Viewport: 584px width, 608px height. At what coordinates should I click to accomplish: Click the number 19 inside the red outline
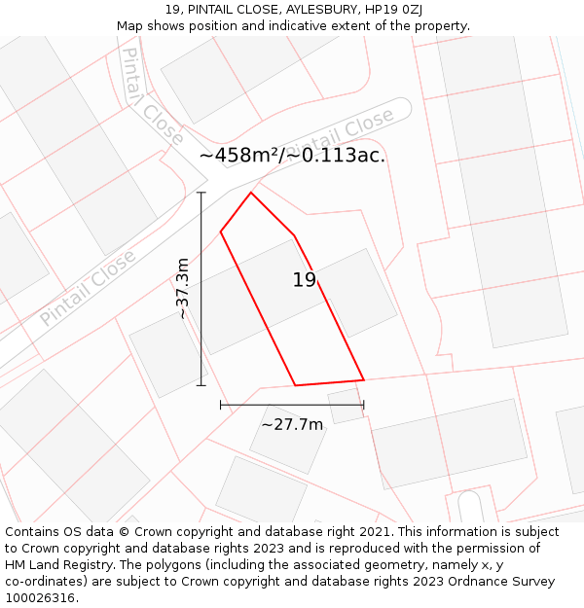(305, 280)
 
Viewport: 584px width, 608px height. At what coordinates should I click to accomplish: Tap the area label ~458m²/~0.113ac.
(292, 155)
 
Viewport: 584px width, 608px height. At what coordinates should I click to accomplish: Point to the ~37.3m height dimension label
(182, 288)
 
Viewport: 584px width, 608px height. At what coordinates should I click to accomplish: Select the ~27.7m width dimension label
(292, 424)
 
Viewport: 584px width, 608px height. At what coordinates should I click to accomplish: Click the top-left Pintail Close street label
(151, 97)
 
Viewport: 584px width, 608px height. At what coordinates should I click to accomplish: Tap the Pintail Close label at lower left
(88, 289)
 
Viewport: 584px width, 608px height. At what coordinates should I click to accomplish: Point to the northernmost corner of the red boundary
(251, 193)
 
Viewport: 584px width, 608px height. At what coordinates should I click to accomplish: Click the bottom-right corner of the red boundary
(363, 379)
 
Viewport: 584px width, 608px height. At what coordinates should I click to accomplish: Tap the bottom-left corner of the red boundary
(296, 385)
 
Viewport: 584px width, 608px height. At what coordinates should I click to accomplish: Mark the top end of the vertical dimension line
(201, 193)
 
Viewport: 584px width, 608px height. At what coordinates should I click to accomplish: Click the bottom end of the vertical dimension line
(201, 385)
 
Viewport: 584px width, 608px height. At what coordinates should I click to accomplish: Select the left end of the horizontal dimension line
(221, 404)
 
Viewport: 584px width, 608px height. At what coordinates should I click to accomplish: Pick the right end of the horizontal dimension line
(363, 404)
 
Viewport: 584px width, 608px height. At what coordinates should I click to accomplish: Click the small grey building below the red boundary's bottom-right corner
(346, 406)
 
